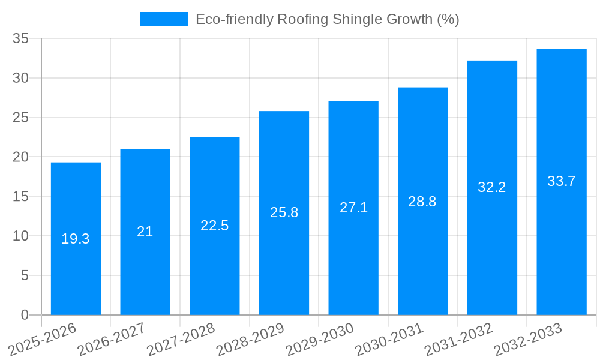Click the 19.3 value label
coord(76,239)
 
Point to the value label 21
coord(145,232)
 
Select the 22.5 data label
coord(214,226)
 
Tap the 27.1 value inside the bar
coord(353,208)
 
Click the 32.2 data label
coord(492,187)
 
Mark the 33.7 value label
coord(562,181)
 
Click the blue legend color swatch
coord(164,19)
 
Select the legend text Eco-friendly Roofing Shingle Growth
coord(327,19)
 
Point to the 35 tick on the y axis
coord(21,38)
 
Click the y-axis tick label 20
coord(21,157)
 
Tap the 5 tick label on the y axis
coord(25,275)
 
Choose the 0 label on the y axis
coord(25,315)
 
